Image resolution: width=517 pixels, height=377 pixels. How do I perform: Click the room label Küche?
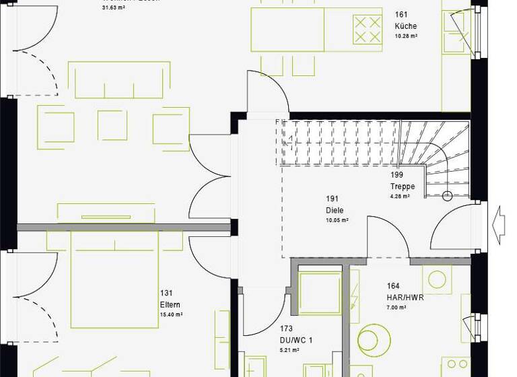(405, 26)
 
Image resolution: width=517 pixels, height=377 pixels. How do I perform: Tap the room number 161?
(401, 14)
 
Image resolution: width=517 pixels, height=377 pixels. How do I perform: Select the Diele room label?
(335, 211)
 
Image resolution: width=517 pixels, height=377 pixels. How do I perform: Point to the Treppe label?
(402, 186)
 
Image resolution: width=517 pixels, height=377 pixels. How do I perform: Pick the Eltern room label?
(170, 304)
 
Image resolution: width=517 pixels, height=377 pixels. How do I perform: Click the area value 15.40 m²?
(171, 314)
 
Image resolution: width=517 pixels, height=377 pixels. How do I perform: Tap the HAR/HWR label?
(405, 297)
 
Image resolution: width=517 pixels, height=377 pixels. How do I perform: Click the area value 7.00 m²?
(397, 308)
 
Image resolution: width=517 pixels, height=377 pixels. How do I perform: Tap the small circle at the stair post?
(446, 197)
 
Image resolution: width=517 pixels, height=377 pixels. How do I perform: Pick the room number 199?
(397, 175)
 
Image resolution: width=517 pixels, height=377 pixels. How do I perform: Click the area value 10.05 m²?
(337, 220)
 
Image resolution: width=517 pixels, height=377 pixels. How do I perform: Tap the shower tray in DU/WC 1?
(320, 294)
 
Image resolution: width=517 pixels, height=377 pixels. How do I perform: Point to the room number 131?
(166, 293)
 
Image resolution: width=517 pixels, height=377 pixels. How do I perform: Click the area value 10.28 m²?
(406, 36)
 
